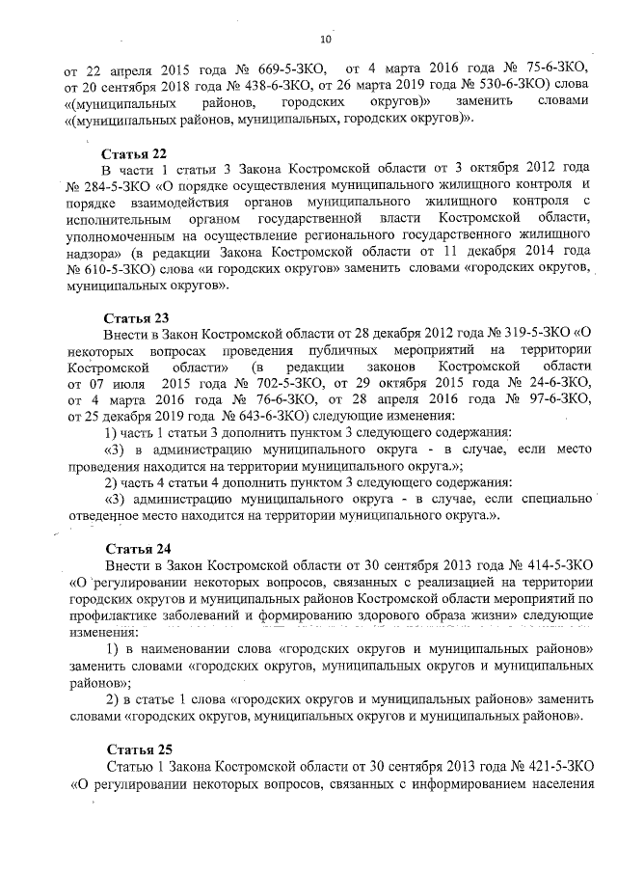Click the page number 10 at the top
(x=325, y=40)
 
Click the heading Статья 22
(x=136, y=153)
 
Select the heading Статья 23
(x=136, y=317)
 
